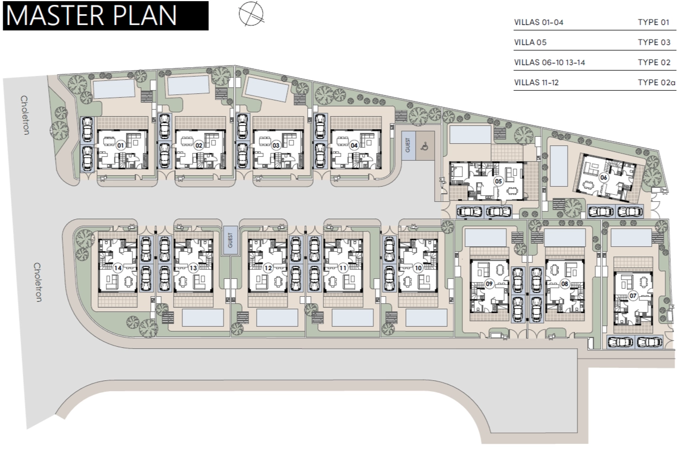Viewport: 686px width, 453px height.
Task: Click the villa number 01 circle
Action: (x=120, y=145)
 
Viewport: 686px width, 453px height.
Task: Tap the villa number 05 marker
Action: (x=498, y=181)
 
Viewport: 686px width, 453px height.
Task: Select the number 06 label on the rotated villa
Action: (x=604, y=177)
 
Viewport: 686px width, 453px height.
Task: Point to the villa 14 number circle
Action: (x=118, y=268)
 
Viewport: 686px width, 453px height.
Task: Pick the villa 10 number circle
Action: (x=418, y=268)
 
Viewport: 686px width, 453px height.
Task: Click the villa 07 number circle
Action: (x=633, y=296)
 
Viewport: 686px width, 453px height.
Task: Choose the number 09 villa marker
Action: (x=489, y=284)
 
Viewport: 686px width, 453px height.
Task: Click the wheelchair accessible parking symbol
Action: (x=425, y=146)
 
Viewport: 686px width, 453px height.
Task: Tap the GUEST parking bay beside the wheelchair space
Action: (x=408, y=145)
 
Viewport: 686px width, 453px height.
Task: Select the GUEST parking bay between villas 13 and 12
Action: (x=230, y=240)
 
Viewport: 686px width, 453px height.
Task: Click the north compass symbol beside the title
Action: (x=251, y=14)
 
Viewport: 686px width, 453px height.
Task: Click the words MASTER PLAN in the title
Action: (x=91, y=15)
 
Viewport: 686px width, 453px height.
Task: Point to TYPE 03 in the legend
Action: (x=654, y=42)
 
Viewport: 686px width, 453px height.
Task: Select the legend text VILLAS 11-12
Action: (x=536, y=82)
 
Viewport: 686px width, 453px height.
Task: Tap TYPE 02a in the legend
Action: (x=657, y=82)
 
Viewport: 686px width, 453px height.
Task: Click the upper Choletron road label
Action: (x=24, y=115)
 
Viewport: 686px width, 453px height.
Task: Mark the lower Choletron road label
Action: (x=37, y=282)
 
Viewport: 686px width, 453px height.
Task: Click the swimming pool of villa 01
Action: (x=113, y=89)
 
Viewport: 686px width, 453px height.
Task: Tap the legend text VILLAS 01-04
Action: (x=539, y=22)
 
